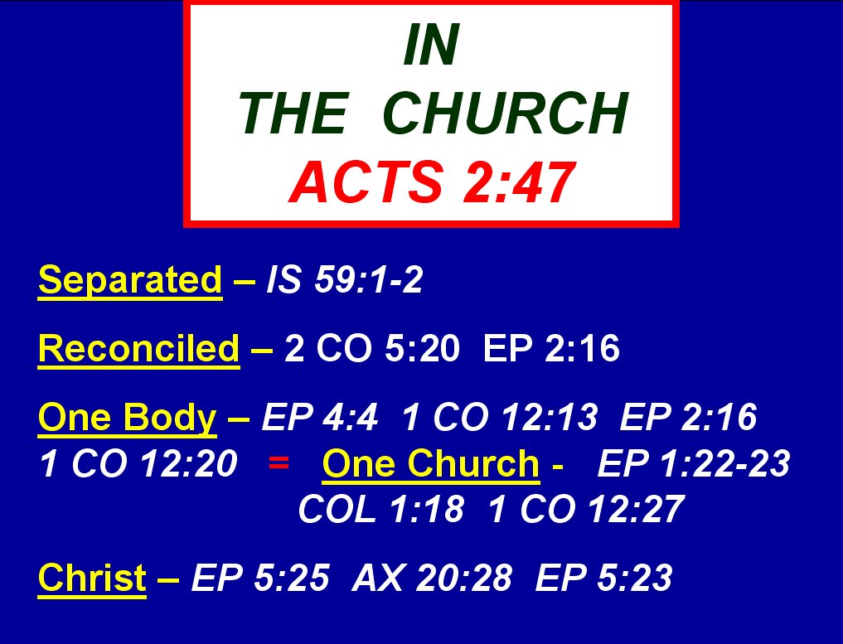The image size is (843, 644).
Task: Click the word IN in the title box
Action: pos(432,45)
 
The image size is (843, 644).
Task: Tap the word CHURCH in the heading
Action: pos(506,113)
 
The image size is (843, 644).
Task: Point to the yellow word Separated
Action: pos(130,280)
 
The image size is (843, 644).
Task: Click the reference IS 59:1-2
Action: pos(345,279)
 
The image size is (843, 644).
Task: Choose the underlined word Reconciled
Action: pos(138,348)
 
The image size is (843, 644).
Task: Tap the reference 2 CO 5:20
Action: pos(371,348)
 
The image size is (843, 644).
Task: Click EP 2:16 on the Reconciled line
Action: pos(551,348)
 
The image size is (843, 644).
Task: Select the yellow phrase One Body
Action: pos(128,417)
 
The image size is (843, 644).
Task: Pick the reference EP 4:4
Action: pos(320,417)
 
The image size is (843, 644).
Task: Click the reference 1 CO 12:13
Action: pos(500,417)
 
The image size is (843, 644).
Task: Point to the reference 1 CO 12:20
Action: pos(138,462)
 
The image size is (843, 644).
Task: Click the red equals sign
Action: pos(279,462)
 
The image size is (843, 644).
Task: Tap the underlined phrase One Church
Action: pos(431,463)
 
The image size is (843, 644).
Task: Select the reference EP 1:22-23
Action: pos(694,462)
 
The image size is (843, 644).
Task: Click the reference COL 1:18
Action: pos(380,509)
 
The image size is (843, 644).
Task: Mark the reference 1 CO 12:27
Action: pos(587,509)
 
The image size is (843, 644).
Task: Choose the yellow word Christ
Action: pos(92,578)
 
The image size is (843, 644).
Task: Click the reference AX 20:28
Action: pos(432,578)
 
